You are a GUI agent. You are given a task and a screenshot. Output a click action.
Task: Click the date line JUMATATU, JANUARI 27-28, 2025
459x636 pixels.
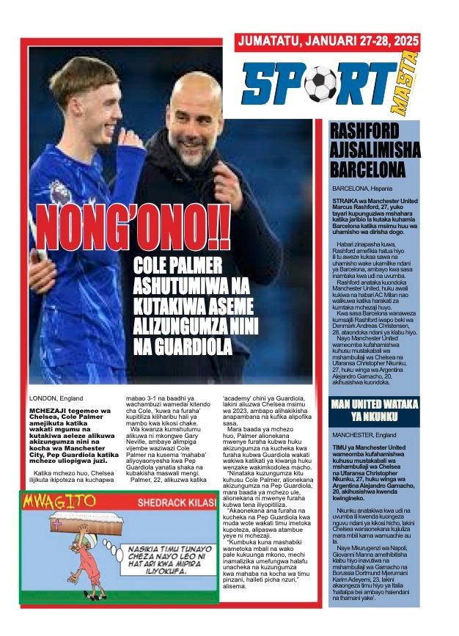pyautogui.click(x=327, y=43)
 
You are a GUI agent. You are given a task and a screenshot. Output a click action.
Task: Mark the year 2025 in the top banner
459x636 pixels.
pyautogui.click(x=399, y=43)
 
